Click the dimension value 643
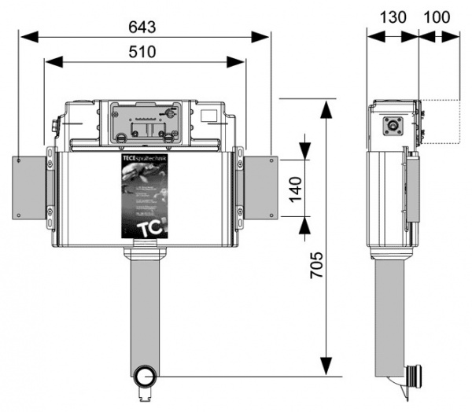[143, 25]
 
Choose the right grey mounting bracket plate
[260, 188]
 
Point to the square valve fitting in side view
[392, 125]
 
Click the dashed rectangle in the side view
[441, 121]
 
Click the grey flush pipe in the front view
[143, 315]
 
